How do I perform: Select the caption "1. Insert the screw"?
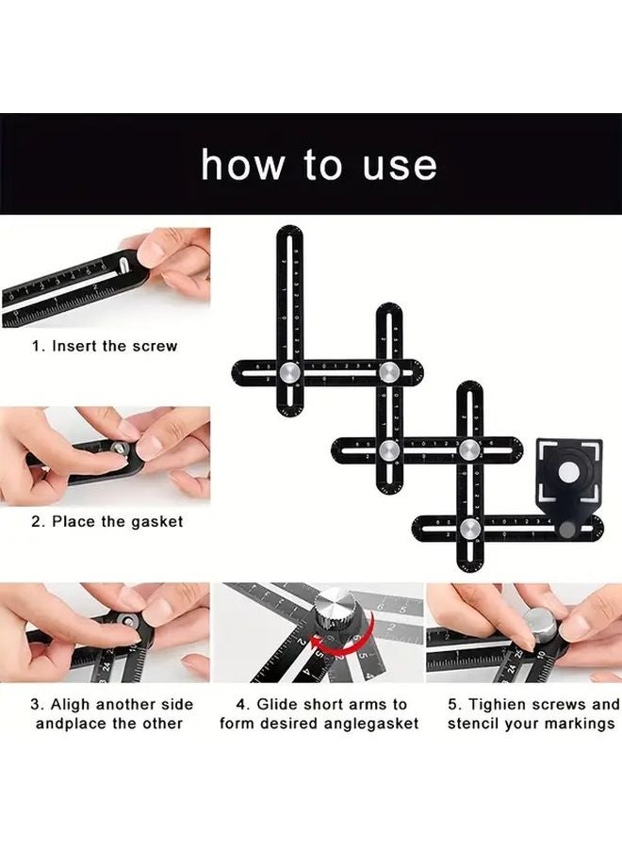click(105, 346)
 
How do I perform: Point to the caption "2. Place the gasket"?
click(106, 520)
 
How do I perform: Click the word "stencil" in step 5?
click(476, 723)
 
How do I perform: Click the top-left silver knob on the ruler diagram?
click(290, 372)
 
